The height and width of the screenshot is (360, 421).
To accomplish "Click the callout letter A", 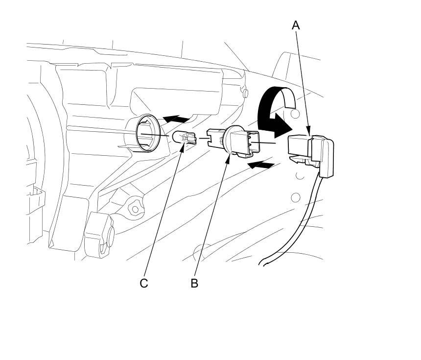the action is tap(295, 25).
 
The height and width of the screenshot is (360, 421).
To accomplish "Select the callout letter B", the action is tap(194, 283).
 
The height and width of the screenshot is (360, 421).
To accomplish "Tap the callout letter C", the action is tap(144, 283).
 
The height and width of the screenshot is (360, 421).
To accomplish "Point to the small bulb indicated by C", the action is tap(182, 139).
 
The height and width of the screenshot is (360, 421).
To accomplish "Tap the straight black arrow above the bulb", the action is tap(177, 119).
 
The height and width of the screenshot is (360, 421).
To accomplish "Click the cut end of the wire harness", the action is tap(265, 265).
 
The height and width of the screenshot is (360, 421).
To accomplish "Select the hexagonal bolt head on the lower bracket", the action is tap(135, 209).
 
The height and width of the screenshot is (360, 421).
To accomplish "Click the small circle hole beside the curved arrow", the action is tap(295, 114).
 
